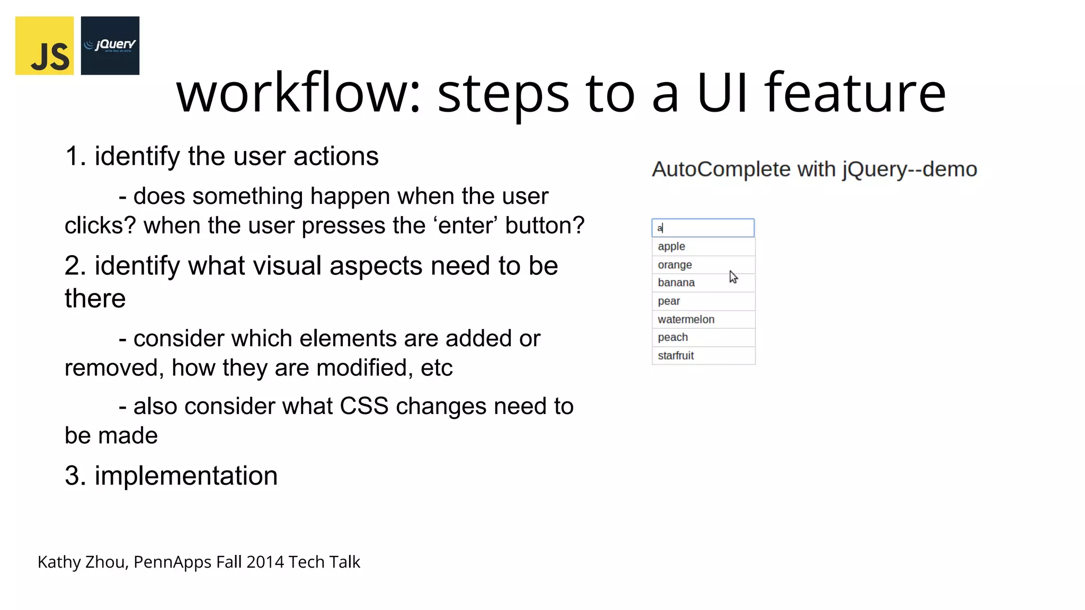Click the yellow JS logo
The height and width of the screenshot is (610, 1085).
point(45,46)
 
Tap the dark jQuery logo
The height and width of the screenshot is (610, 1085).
point(110,46)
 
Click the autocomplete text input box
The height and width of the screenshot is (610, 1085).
point(703,228)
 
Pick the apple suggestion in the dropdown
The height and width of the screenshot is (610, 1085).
point(671,247)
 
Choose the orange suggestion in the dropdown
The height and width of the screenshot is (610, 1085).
point(674,265)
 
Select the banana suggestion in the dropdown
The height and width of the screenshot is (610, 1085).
point(676,283)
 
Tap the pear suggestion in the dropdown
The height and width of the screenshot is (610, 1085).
point(669,301)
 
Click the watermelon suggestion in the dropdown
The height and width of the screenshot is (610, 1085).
point(686,319)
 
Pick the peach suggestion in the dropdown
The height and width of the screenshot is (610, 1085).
point(673,337)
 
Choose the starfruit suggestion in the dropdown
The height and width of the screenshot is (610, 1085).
point(675,356)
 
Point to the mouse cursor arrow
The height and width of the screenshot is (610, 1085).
point(733,276)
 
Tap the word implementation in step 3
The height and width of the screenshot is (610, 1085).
point(186,476)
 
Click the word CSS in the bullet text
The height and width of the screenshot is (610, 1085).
point(364,406)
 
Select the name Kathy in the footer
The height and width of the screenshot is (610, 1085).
point(59,562)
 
